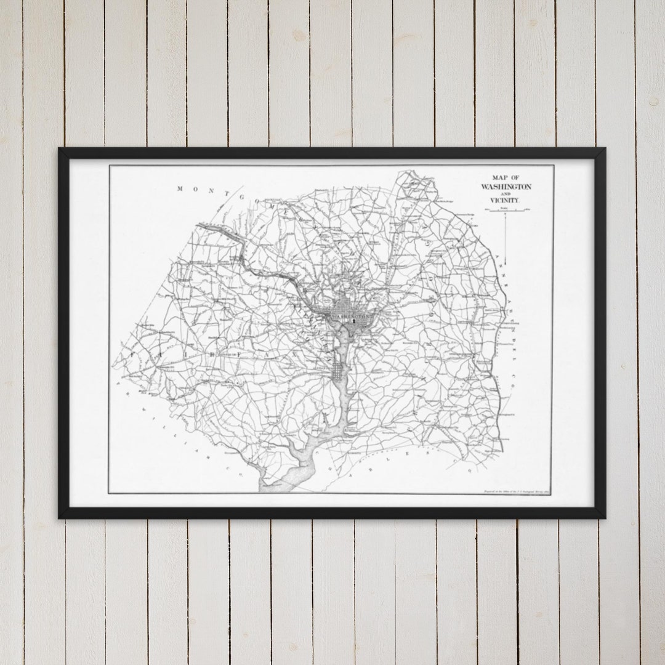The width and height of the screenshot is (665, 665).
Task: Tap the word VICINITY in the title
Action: tap(505, 201)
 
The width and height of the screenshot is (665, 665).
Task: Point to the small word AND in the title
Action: tap(505, 194)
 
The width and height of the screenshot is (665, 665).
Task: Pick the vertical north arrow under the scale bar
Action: tap(506, 240)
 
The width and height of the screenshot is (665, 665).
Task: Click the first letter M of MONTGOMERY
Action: tap(180, 189)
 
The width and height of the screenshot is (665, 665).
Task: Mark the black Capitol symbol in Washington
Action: tap(355, 321)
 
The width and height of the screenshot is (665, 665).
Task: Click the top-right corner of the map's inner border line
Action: tap(553, 166)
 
